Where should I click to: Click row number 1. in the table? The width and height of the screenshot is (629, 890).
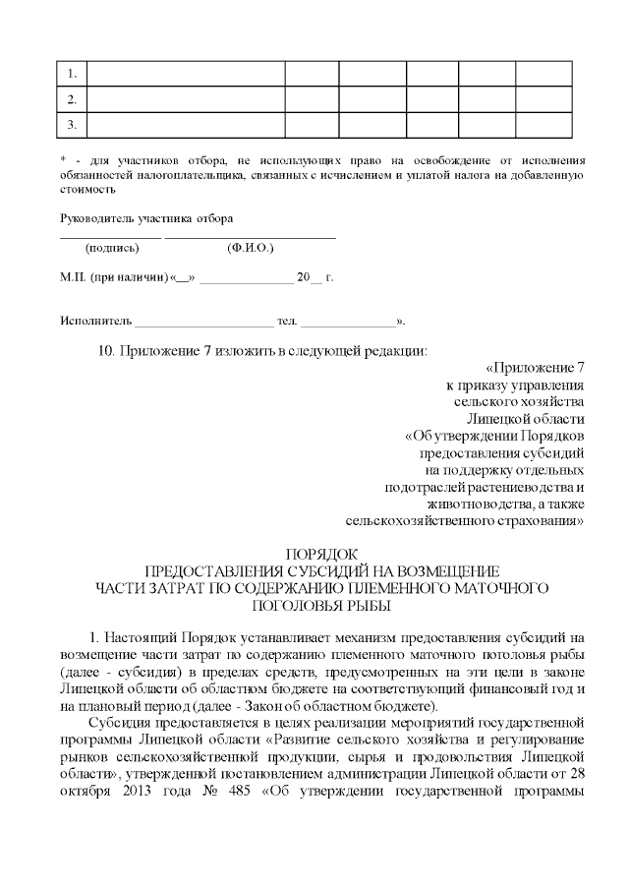coord(72,75)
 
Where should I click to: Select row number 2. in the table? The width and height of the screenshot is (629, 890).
coord(72,99)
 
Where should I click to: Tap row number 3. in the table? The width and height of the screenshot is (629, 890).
coord(72,124)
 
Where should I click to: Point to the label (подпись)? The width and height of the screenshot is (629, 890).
coord(112,249)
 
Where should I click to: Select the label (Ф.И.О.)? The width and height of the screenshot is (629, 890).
coord(250,249)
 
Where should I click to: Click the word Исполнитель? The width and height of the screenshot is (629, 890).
coord(94,322)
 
